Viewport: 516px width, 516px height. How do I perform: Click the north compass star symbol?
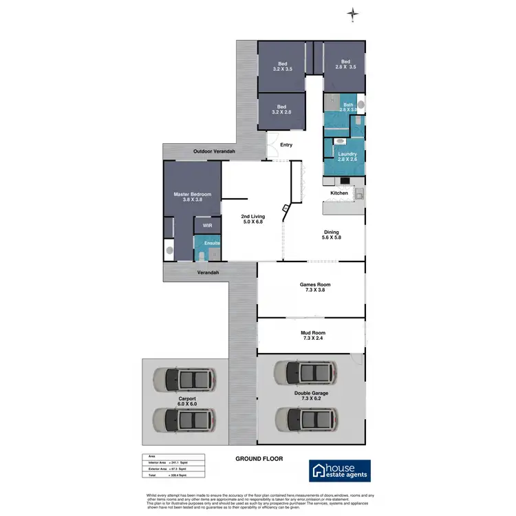[x=353, y=14]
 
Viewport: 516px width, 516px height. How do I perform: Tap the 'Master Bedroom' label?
[x=192, y=195]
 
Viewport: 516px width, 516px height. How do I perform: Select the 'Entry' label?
[x=286, y=144]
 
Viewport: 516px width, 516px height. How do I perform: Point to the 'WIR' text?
[x=206, y=226]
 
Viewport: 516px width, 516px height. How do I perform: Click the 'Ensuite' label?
[x=211, y=243]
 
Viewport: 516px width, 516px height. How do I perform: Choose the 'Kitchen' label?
[x=339, y=193]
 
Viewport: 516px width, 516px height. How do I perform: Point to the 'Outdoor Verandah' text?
[x=214, y=151]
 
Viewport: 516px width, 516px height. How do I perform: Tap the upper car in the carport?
[x=183, y=378]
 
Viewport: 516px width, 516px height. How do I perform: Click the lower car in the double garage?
[x=305, y=418]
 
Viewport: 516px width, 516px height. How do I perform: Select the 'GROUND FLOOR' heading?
[x=259, y=459]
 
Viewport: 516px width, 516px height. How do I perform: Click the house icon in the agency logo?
[x=321, y=470]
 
